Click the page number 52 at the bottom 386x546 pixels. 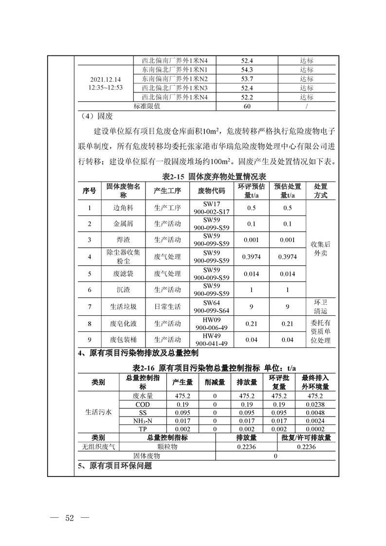pyautogui.click(x=69, y=517)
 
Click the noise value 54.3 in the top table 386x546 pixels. pyautogui.click(x=247, y=70)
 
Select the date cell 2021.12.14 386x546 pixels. pyautogui.click(x=105, y=79)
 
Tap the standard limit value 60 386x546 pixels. pyautogui.click(x=247, y=106)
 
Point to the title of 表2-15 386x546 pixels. pyautogui.click(x=217, y=176)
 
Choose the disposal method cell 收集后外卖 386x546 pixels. pyautogui.click(x=320, y=249)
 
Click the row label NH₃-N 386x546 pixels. pyautogui.click(x=143, y=420)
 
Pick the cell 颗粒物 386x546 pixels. pyautogui.click(x=167, y=447)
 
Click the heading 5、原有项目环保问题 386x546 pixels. pyautogui.click(x=115, y=466)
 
